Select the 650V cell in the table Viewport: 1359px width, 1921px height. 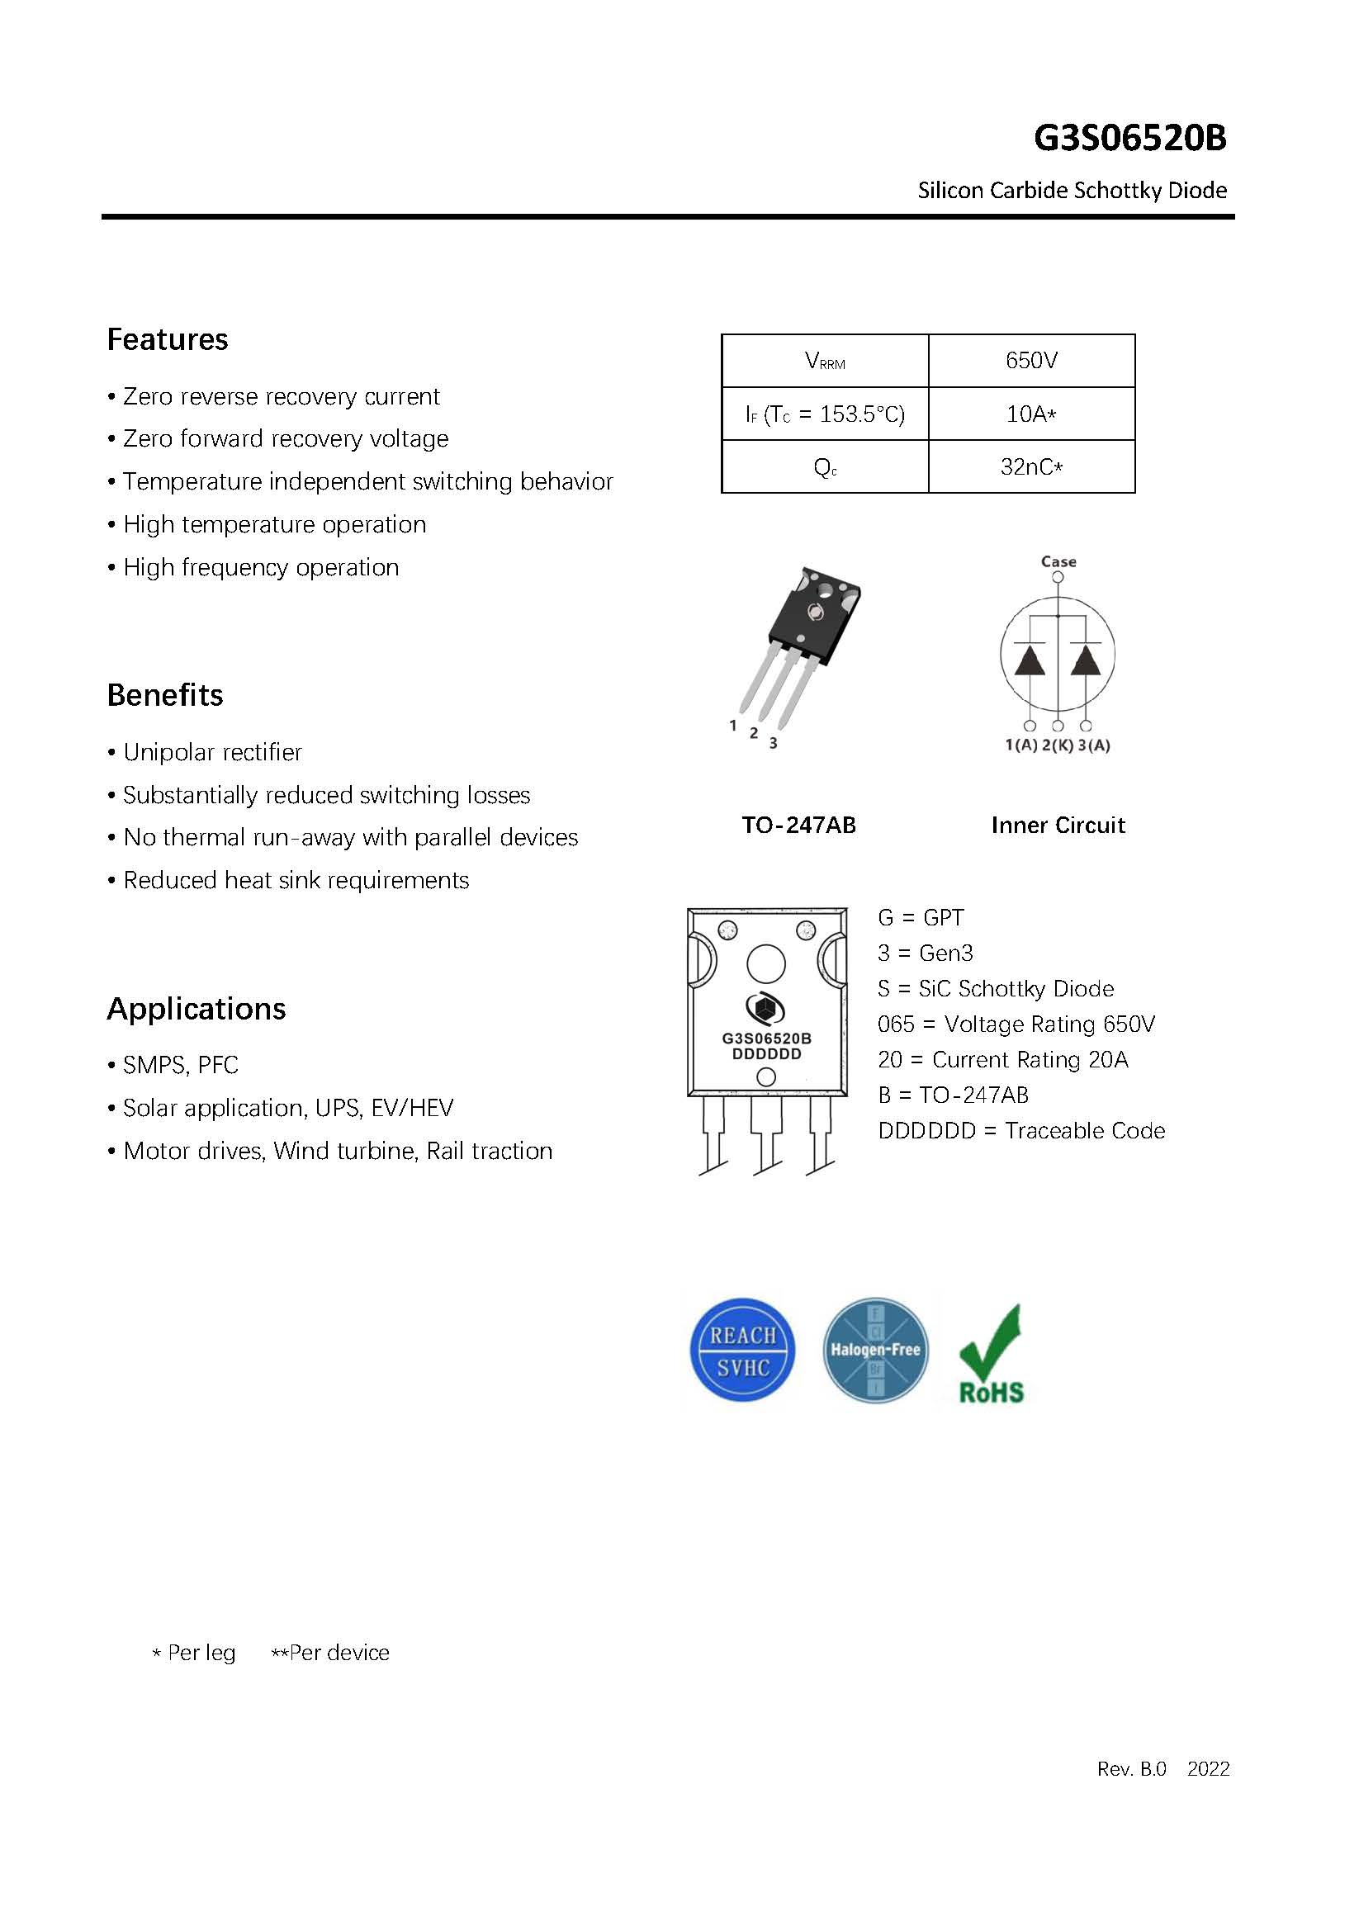tap(1031, 361)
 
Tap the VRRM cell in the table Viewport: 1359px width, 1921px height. tap(824, 362)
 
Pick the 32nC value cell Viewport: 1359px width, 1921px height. tap(1031, 467)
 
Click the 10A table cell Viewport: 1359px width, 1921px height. tap(1031, 414)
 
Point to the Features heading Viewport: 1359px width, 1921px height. tap(168, 339)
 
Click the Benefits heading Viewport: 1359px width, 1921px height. tap(165, 695)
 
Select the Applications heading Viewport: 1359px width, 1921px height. tap(196, 1009)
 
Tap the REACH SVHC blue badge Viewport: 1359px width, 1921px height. tap(742, 1351)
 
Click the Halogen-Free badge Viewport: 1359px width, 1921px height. tap(875, 1351)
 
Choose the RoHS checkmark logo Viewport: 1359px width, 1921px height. tap(992, 1355)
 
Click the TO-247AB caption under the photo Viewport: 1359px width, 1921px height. tap(798, 826)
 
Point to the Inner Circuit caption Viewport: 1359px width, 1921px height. tap(1058, 826)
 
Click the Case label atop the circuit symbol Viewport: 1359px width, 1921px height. tap(1058, 561)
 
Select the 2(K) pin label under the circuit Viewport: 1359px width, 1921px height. tap(1058, 745)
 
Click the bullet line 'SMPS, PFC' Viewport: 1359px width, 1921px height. tap(180, 1065)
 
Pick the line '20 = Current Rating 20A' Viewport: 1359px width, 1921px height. tap(1002, 1060)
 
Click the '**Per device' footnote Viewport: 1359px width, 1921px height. tap(329, 1653)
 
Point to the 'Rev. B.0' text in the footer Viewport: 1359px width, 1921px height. tap(1131, 1769)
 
